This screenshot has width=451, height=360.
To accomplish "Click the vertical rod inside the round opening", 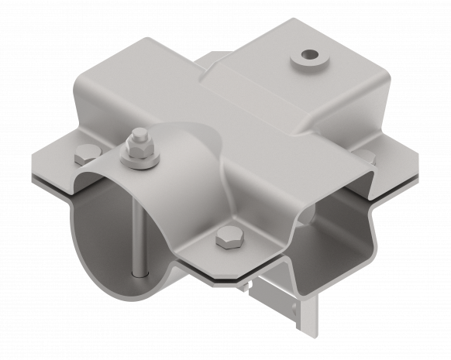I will click(137, 232).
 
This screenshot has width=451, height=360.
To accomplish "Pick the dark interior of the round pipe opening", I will click(108, 225).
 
